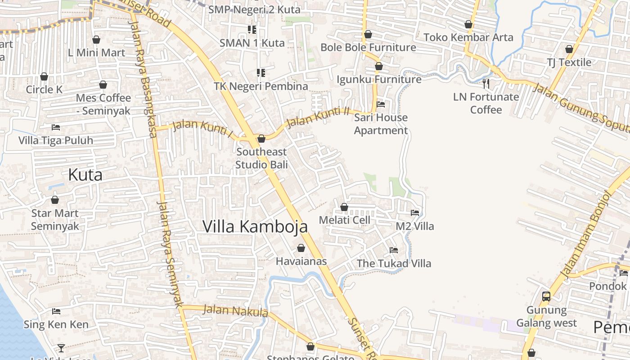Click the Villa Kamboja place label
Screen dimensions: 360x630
pos(255,226)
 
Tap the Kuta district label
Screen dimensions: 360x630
pos(85,175)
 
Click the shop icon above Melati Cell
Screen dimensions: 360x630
pos(344,207)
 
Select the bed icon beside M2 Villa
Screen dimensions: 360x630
pos(415,213)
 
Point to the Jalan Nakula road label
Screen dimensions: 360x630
pos(235,310)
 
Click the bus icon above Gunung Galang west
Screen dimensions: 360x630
pos(546,297)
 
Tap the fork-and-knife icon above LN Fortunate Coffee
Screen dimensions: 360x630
pos(486,83)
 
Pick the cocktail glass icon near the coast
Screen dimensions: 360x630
pos(61,348)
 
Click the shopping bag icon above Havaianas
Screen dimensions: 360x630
pos(301,248)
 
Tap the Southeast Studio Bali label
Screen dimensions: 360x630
pos(261,158)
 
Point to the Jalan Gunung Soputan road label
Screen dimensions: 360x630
pos(580,108)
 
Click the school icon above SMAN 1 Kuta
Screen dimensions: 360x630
pos(252,30)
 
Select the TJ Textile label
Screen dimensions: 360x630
pos(569,62)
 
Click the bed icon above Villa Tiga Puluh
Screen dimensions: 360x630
pos(56,127)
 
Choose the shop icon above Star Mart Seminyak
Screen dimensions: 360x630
pos(55,200)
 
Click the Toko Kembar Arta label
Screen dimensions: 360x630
pos(468,37)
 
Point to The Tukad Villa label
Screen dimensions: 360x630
pos(394,263)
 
